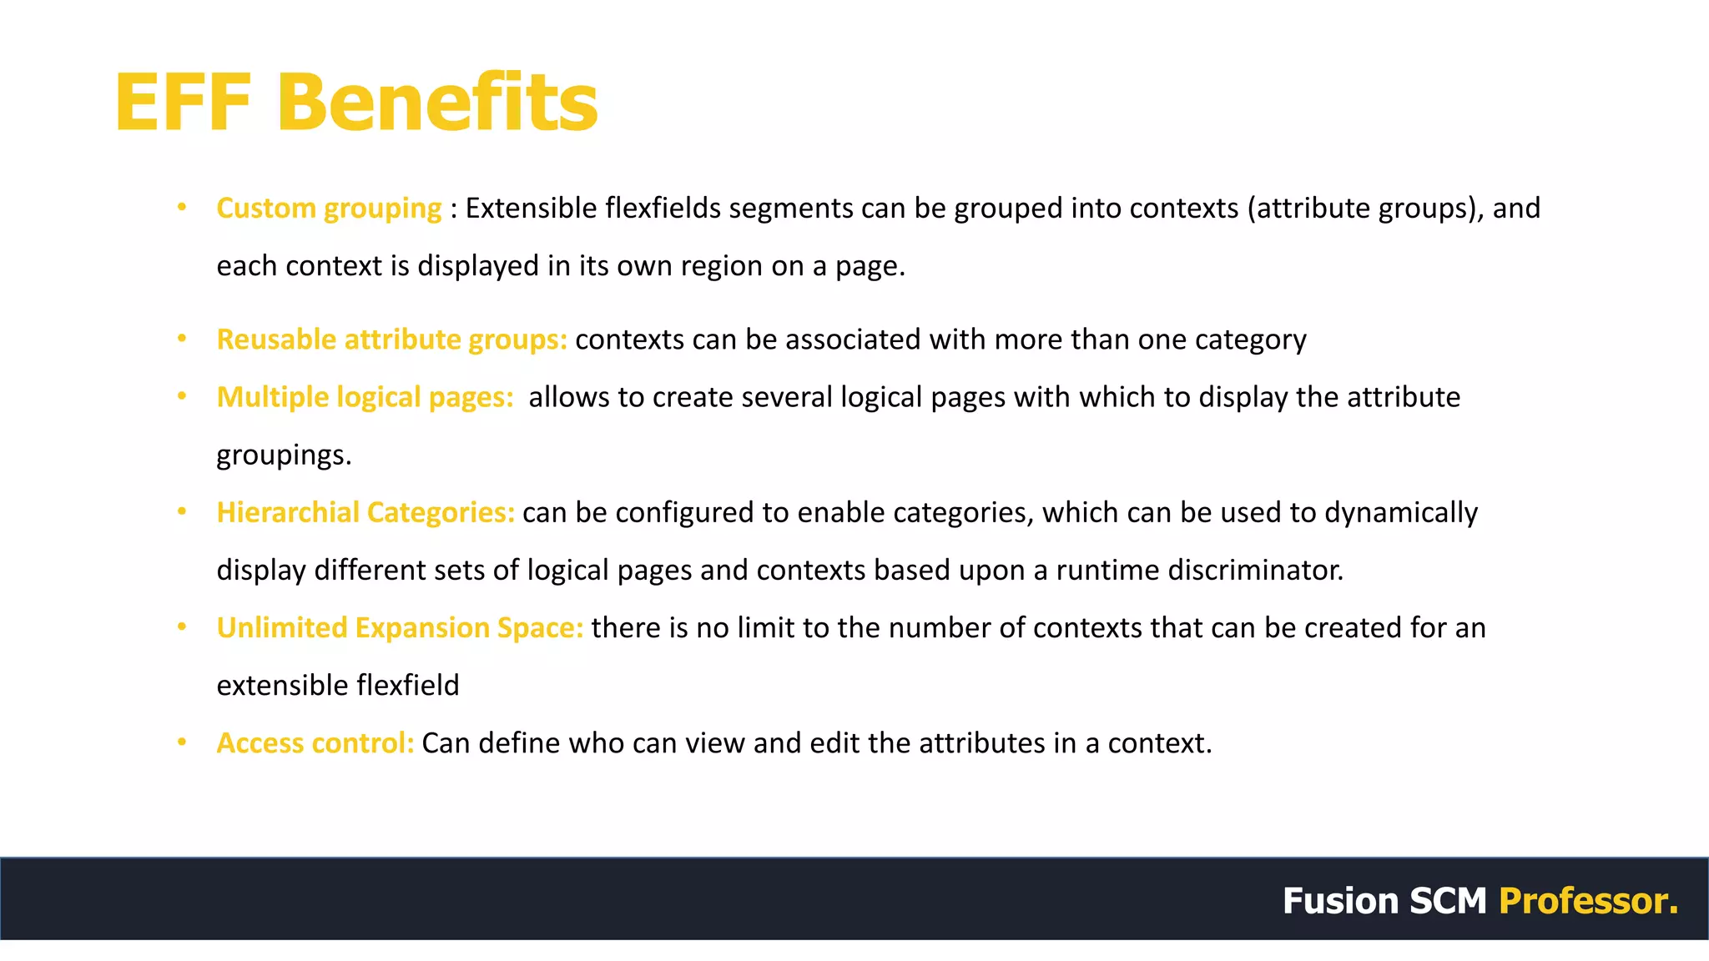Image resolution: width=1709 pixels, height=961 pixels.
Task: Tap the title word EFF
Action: (183, 103)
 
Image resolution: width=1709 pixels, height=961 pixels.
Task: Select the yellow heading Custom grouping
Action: (329, 208)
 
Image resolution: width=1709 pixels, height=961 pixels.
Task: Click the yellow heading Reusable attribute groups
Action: (391, 340)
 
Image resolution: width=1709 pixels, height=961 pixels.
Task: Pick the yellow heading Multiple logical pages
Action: (365, 397)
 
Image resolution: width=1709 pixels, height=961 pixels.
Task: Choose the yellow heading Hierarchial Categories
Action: (365, 512)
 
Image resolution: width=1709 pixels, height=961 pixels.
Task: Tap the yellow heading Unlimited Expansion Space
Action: (400, 627)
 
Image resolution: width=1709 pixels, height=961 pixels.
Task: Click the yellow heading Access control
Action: (315, 742)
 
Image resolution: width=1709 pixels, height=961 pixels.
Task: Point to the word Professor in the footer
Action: (1588, 901)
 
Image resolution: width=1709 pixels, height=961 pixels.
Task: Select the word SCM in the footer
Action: (1448, 901)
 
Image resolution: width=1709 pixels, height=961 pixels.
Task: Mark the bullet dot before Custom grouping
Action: (182, 207)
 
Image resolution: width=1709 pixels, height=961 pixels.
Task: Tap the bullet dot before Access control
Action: (182, 742)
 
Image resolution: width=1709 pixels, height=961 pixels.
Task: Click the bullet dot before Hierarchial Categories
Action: (182, 511)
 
